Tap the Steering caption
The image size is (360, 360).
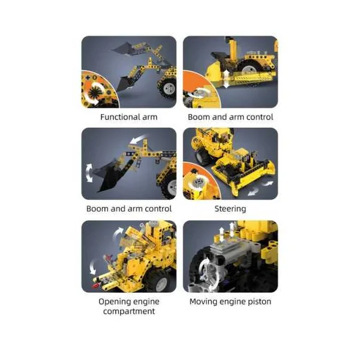pos(230,209)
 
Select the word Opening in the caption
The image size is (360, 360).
pos(113,302)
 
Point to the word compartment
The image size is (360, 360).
pos(129,311)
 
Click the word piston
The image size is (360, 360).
pos(259,302)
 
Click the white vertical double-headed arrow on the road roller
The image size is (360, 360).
pos(226,79)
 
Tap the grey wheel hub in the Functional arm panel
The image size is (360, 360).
pos(170,88)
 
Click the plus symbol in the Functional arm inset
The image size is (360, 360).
pos(88,77)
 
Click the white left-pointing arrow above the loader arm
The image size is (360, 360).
pos(138,139)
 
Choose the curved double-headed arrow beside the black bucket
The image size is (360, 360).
pos(89,173)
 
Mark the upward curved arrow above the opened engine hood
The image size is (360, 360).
pos(118,233)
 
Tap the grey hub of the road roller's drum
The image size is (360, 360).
pos(248,69)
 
